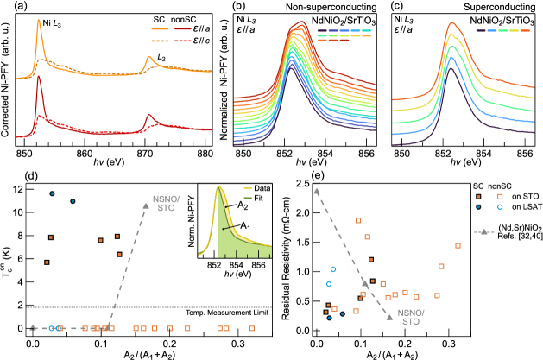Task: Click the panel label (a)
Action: click(10, 7)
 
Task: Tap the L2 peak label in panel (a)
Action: click(162, 57)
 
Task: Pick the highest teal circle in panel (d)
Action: click(53, 194)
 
